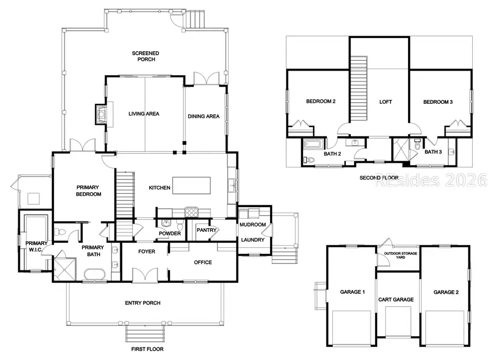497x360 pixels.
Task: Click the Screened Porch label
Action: (x=145, y=56)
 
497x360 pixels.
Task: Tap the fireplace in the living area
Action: (x=101, y=114)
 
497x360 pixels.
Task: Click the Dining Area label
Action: (x=204, y=117)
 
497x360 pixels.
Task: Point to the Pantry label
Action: (x=205, y=230)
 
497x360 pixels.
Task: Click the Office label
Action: (x=203, y=262)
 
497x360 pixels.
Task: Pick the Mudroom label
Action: (x=252, y=225)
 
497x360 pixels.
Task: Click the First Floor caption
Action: (x=147, y=349)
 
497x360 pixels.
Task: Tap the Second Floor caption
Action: (x=378, y=178)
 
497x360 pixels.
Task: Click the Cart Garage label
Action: (x=396, y=300)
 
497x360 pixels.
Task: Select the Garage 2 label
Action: (x=445, y=292)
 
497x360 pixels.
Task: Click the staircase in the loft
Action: (x=359, y=88)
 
